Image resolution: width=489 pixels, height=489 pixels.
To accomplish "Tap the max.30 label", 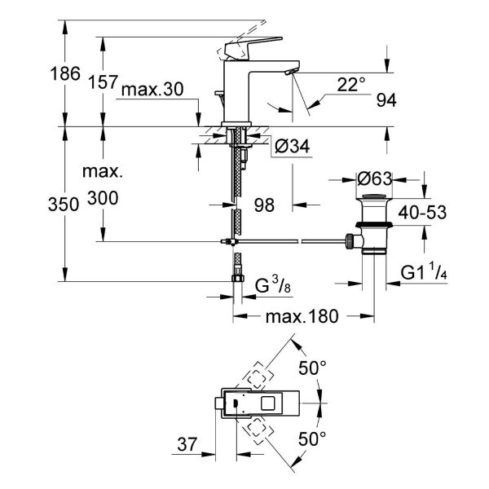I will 152,90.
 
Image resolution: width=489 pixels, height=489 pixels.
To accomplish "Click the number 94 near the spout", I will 385,101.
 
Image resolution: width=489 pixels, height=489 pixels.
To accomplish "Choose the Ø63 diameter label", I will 376,177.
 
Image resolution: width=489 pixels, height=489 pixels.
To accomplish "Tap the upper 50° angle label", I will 312,368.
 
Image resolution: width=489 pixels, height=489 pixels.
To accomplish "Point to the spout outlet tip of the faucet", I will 289,74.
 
